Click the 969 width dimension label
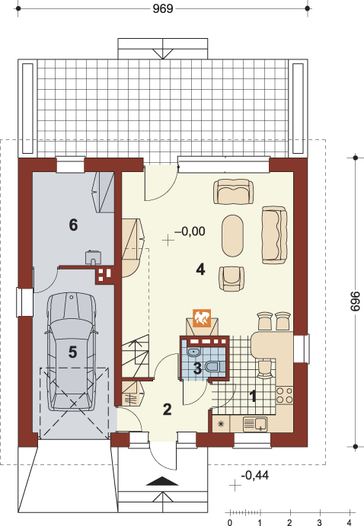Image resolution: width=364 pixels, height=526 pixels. tap(163, 8)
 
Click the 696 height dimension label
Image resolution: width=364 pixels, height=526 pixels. tap(356, 301)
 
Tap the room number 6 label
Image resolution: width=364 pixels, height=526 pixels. tap(73, 225)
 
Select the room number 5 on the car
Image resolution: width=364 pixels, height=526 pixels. tap(73, 352)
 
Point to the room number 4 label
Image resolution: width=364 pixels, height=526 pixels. tap(200, 269)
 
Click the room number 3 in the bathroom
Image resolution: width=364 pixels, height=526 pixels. tap(197, 368)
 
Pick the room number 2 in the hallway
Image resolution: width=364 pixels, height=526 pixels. tap(167, 410)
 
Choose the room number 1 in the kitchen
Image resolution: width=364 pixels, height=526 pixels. tap(254, 397)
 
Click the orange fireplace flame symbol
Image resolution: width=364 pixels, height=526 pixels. tap(202, 318)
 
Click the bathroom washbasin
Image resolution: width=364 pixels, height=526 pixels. tap(193, 352)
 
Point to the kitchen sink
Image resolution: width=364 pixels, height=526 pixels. tap(255, 424)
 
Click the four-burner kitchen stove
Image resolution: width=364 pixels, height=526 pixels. tap(284, 395)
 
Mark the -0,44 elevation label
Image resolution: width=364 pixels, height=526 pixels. tap(254, 475)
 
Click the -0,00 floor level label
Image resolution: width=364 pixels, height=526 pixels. tap(190, 231)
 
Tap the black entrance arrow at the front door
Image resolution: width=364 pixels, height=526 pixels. tap(163, 481)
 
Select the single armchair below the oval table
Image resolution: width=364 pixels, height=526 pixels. tap(231, 279)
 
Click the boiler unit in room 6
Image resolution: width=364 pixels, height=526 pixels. tap(93, 257)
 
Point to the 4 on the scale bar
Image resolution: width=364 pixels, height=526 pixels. tap(350, 522)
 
